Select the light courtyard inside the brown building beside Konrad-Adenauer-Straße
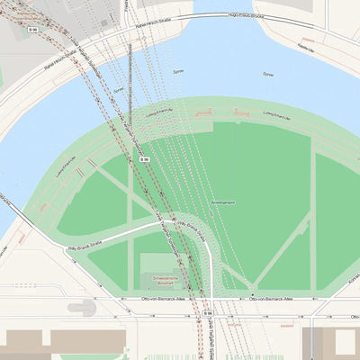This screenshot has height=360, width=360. pyautogui.click(x=345, y=342)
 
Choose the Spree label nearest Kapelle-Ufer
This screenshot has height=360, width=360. pyautogui.click(x=267, y=74)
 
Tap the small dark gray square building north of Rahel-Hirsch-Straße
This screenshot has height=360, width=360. pyautogui.click(x=106, y=21)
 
